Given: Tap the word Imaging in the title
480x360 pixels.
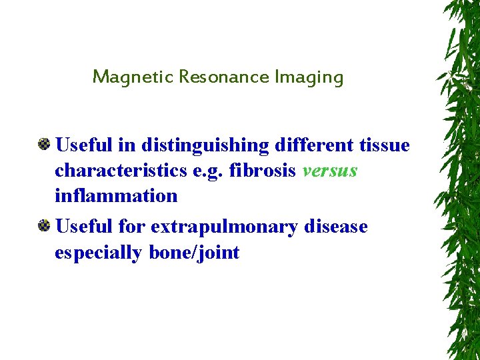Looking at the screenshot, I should click(309, 77).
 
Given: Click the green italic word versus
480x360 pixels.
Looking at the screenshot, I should click(329, 171).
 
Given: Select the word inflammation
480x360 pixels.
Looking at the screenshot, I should click(116, 195).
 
